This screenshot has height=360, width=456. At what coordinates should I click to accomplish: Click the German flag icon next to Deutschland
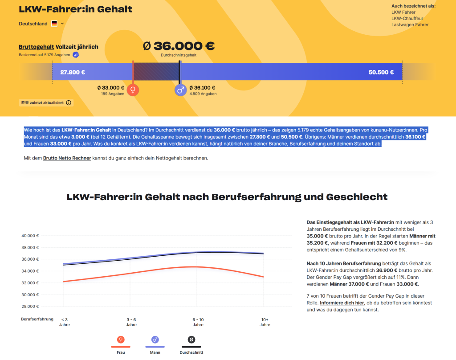[x=54, y=24]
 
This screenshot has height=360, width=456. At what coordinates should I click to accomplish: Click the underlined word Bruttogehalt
[x=37, y=47]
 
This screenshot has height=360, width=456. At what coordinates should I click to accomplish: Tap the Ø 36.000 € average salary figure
[x=179, y=46]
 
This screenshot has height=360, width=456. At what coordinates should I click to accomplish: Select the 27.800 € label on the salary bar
[x=73, y=72]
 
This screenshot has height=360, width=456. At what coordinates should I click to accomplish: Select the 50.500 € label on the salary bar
[x=381, y=72]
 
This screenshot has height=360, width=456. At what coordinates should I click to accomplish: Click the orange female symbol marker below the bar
[x=133, y=90]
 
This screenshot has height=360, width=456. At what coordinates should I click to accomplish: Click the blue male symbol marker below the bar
[x=180, y=90]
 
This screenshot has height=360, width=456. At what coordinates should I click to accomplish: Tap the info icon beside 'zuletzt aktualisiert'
[x=69, y=102]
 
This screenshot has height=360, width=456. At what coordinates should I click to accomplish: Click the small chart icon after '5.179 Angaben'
[x=76, y=55]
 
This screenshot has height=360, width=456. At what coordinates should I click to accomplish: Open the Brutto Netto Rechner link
[x=67, y=158]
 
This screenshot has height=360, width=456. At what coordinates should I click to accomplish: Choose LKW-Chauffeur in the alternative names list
[x=407, y=19]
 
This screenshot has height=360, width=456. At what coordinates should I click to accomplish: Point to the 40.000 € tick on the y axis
[x=30, y=236]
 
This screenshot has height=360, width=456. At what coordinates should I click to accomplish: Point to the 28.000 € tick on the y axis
[x=30, y=306]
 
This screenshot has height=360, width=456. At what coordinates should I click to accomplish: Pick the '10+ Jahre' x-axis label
[x=265, y=322]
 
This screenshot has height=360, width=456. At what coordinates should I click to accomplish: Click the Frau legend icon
[x=120, y=340]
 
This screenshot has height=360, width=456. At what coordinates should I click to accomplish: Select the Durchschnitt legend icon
[x=191, y=340]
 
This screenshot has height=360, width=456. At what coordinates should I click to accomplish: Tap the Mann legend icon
[x=155, y=340]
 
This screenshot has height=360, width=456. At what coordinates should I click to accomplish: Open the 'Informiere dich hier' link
[x=341, y=303]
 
